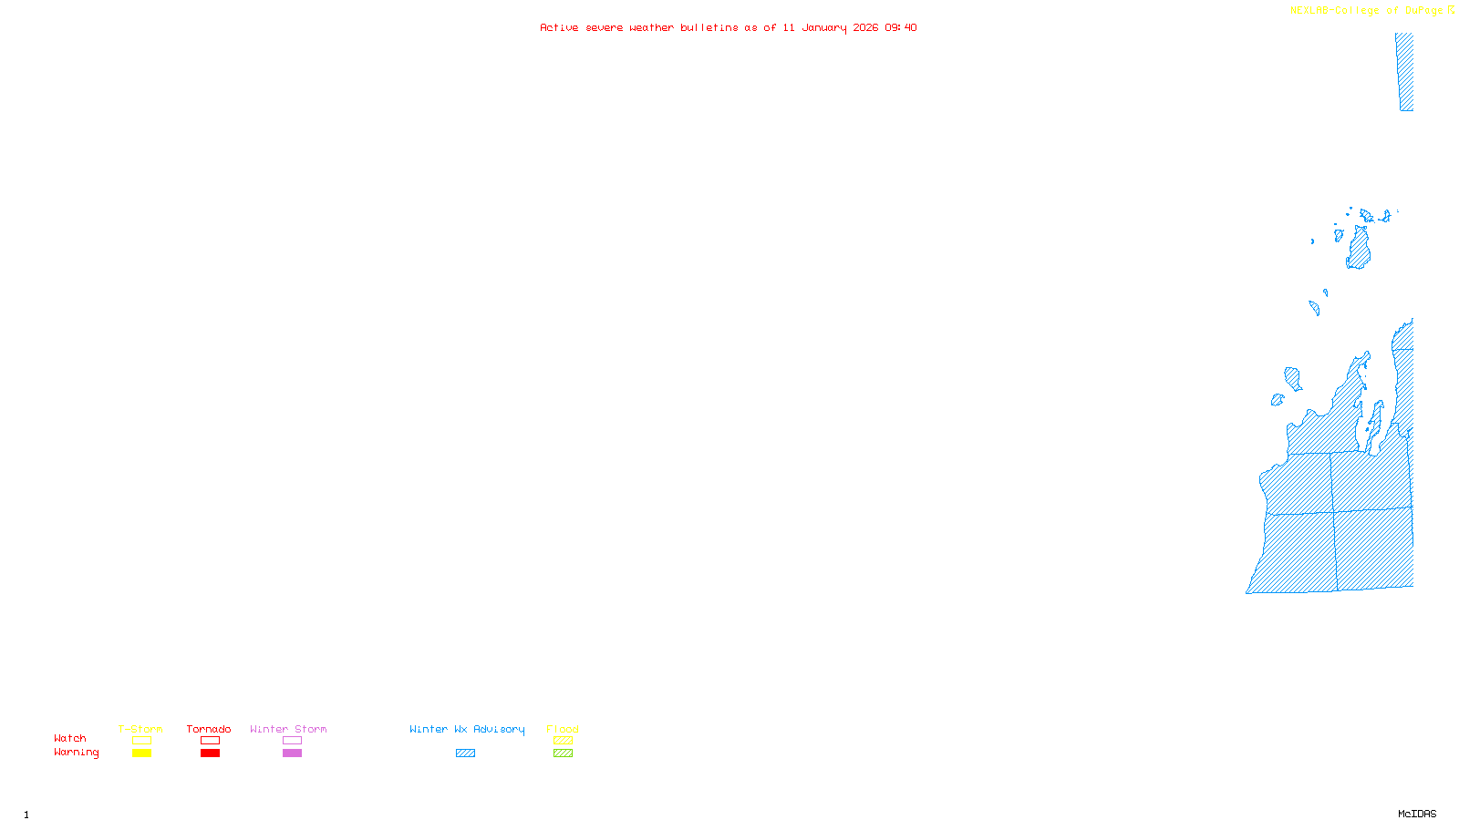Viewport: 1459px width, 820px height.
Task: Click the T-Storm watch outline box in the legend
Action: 141,741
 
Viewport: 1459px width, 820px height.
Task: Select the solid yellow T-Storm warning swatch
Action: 141,753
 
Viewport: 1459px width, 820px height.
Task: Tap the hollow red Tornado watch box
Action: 210,741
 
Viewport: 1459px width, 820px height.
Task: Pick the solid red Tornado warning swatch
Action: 210,753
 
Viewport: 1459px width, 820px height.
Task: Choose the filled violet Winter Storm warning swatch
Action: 292,753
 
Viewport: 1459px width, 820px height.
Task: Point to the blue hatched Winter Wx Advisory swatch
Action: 465,753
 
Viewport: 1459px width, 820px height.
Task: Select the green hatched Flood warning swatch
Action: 563,753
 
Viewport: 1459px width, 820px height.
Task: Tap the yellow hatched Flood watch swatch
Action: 563,741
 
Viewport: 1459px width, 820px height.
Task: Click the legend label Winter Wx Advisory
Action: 467,729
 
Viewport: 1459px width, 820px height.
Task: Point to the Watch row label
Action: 70,738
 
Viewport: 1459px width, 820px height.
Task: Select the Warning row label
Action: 76,753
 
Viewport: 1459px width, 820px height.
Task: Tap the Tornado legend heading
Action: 209,729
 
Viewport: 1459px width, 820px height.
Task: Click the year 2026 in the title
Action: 865,27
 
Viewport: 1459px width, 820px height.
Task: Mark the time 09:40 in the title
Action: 901,27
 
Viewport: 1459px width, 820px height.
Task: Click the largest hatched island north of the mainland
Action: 1359,250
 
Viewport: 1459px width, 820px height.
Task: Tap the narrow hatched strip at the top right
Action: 1405,73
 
